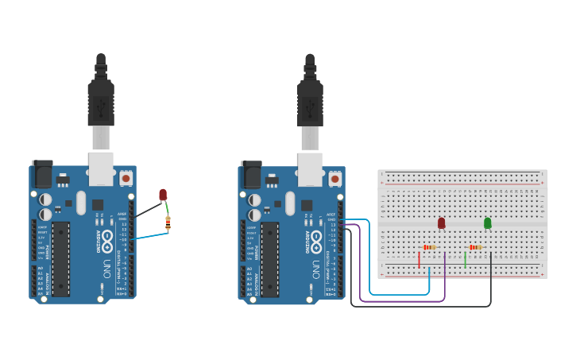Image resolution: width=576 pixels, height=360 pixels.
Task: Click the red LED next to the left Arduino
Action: point(163,194)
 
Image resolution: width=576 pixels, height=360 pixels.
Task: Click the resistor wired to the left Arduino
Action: point(168,223)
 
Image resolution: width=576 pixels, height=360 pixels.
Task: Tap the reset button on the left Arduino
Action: point(126,179)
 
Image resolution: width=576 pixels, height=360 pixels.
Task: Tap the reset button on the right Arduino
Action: point(334,179)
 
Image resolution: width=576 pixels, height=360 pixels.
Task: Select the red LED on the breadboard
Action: point(442,223)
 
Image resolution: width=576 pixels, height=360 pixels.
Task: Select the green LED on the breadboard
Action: point(488,223)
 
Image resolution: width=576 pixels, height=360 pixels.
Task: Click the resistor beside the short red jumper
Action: point(430,247)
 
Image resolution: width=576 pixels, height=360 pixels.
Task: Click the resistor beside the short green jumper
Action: point(476,247)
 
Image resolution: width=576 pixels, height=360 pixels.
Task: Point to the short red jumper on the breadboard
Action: point(419,259)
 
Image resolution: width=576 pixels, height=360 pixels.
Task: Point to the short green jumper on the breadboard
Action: point(465,259)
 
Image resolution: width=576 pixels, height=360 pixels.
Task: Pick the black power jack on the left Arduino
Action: point(41,173)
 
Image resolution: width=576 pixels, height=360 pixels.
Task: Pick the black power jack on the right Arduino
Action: point(250,173)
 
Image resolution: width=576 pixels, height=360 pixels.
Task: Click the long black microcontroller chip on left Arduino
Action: point(61,259)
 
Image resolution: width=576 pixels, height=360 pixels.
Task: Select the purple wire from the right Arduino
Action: point(397,301)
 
